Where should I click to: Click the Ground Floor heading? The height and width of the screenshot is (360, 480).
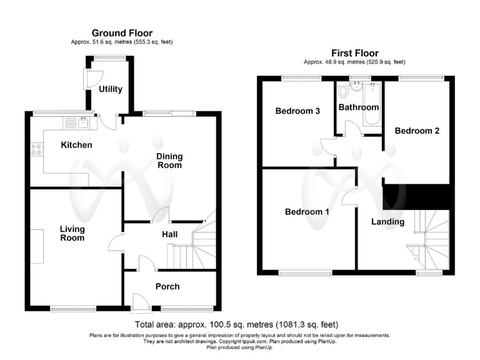pos(122,33)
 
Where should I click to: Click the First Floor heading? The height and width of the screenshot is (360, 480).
pos(354,53)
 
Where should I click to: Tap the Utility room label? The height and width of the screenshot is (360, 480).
pos(111,89)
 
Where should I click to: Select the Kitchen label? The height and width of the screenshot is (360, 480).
pos(76,145)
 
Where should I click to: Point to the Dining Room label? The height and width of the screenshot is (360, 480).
pos(169,161)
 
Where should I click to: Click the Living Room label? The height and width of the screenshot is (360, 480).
pos(72,233)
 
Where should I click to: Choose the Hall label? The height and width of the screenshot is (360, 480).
pos(169,234)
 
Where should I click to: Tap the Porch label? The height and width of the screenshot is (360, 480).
pos(167,286)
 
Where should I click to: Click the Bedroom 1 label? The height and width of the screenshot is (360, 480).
pos(307,212)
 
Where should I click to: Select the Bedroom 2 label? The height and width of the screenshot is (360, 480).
pos(417,131)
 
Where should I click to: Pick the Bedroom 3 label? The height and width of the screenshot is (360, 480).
pos(298,111)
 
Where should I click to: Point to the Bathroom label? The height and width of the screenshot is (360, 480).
pos(359,107)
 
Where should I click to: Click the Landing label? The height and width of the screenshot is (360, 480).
pos(387,222)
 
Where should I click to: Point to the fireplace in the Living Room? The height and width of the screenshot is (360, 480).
pos(36,246)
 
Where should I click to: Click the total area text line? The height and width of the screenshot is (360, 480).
pos(236,324)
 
